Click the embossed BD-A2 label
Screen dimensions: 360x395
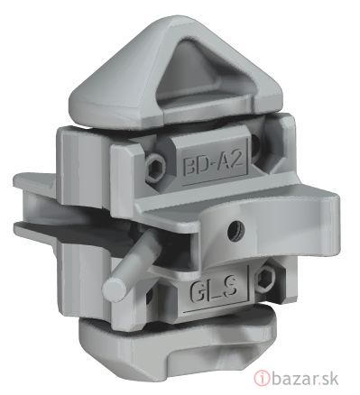pyautogui.click(x=213, y=165)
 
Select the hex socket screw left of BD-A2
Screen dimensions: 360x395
pyautogui.click(x=155, y=165)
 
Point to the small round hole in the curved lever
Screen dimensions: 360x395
pyautogui.click(x=236, y=231)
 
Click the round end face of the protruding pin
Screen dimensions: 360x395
pyautogui.click(x=114, y=289)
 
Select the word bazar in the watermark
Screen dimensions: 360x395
pyautogui.click(x=297, y=378)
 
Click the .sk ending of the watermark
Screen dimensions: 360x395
pyautogui.click(x=331, y=378)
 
